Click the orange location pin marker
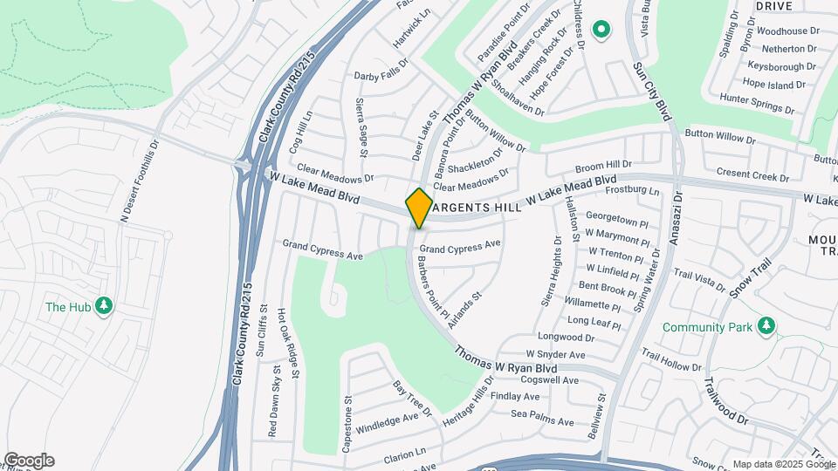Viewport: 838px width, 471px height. [x=419, y=208]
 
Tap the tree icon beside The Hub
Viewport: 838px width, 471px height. [x=104, y=306]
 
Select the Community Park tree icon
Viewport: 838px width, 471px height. [x=766, y=325]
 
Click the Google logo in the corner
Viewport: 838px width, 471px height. [x=29, y=461]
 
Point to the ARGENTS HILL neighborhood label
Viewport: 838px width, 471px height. [x=477, y=208]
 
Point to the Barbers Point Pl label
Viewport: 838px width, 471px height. [x=432, y=286]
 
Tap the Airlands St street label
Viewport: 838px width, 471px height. [x=465, y=310]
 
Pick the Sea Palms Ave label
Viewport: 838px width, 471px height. [x=542, y=418]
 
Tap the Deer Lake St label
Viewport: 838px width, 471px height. [x=422, y=135]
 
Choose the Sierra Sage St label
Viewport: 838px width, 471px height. [x=363, y=123]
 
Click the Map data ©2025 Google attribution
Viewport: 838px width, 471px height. [x=784, y=464]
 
